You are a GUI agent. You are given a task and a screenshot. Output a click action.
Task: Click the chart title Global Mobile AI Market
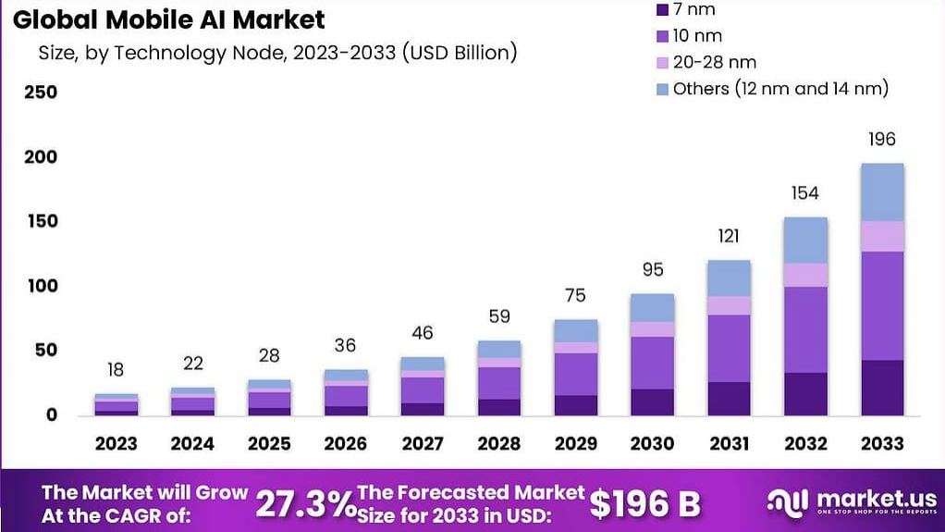click(x=169, y=19)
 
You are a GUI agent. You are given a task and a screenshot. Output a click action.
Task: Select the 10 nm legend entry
click(x=698, y=36)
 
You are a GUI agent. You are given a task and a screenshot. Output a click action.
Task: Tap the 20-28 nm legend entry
click(x=715, y=62)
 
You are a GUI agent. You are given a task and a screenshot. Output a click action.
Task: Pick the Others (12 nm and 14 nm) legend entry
click(x=780, y=88)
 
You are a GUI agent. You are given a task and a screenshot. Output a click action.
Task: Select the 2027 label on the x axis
click(x=423, y=444)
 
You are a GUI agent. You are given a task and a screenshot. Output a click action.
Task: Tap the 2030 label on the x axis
click(x=653, y=444)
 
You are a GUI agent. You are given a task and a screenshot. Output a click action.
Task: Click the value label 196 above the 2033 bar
click(x=882, y=140)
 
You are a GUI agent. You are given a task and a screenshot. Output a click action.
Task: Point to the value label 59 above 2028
click(x=499, y=316)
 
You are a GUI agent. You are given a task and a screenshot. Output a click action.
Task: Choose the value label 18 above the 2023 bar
click(x=116, y=370)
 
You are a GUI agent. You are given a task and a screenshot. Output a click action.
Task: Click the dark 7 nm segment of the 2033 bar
click(x=882, y=388)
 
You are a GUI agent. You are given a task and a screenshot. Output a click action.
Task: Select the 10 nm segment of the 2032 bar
click(x=805, y=329)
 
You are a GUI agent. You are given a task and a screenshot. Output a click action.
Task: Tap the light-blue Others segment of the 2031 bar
click(x=729, y=278)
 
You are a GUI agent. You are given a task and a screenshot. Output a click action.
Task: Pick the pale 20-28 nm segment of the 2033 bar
click(x=882, y=236)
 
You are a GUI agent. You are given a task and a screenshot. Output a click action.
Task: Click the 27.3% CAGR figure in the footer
click(x=304, y=503)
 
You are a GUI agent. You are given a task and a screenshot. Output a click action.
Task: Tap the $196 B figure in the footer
click(x=645, y=503)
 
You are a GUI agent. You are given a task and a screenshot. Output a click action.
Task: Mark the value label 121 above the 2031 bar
click(x=729, y=236)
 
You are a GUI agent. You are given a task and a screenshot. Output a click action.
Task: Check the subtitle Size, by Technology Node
click(x=277, y=53)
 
